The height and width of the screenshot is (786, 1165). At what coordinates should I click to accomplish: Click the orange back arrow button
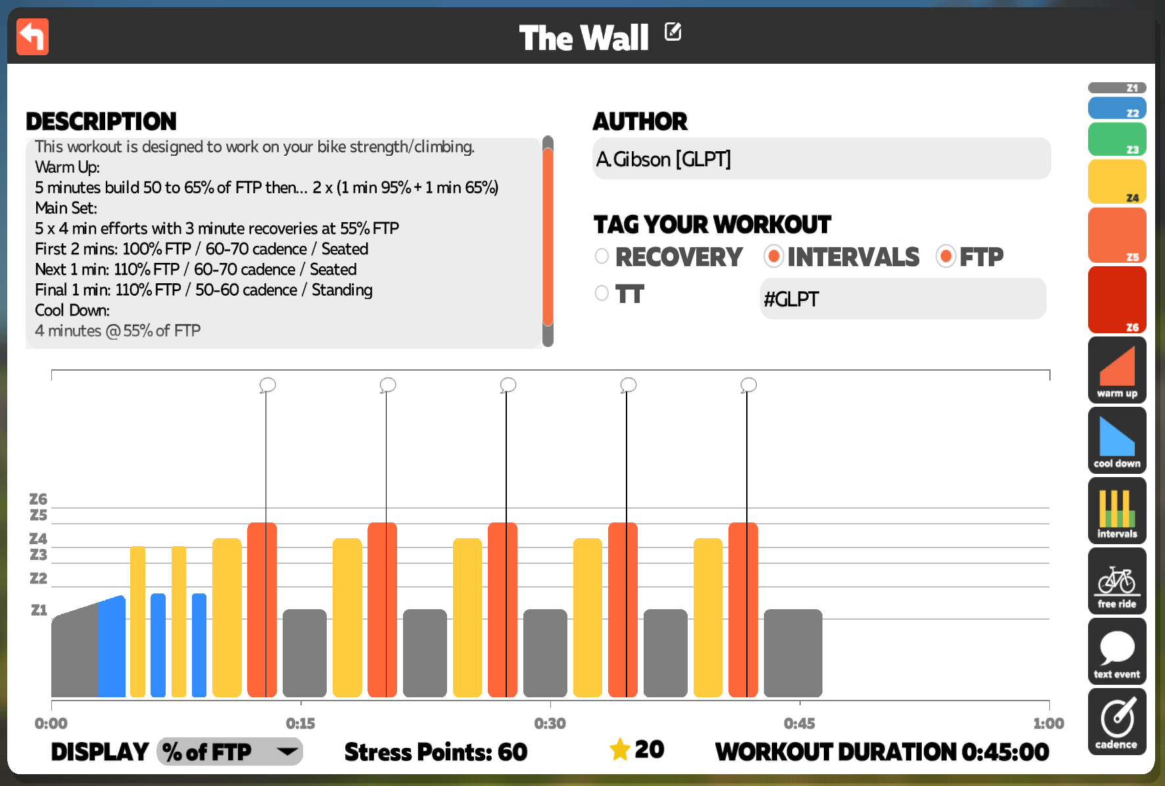click(x=32, y=36)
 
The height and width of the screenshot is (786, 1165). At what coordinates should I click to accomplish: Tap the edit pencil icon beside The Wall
click(x=673, y=32)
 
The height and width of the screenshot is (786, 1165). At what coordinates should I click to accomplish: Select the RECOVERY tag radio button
click(x=602, y=256)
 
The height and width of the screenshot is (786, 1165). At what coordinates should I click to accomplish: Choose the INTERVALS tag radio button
click(x=774, y=256)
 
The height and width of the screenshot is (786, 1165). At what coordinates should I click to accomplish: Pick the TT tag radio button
click(x=602, y=293)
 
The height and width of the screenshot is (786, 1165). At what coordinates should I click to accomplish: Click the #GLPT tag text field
click(x=903, y=299)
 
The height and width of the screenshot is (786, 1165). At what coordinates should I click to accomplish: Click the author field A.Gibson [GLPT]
click(x=821, y=158)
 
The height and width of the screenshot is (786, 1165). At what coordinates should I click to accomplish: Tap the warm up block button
click(x=1117, y=370)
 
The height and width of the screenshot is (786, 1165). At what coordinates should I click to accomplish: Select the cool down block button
click(x=1117, y=440)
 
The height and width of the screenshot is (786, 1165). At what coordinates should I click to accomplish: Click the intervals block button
click(x=1117, y=511)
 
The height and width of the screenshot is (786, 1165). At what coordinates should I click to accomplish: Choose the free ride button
click(x=1117, y=581)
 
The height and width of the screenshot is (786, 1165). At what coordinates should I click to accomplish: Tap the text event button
click(x=1117, y=651)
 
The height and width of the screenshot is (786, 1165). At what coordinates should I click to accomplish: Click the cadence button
click(x=1117, y=722)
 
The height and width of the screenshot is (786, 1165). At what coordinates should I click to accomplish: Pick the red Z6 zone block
click(x=1117, y=300)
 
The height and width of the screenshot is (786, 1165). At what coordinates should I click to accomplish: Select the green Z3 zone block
click(x=1117, y=139)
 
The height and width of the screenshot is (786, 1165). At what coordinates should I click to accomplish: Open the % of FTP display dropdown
click(x=229, y=751)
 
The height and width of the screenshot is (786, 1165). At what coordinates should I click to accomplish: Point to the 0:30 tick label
click(x=550, y=724)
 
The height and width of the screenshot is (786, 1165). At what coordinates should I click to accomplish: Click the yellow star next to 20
click(x=620, y=749)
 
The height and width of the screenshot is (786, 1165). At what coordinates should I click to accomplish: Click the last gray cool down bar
click(x=793, y=653)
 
